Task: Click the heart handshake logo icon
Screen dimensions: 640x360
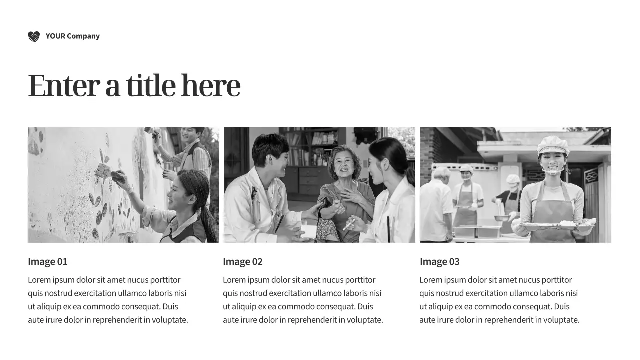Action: click(x=34, y=36)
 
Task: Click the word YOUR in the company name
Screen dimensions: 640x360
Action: click(x=55, y=36)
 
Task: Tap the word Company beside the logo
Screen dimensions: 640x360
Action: click(x=83, y=36)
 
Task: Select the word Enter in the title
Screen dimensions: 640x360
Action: click(x=64, y=85)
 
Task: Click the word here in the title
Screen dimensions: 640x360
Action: click(x=211, y=85)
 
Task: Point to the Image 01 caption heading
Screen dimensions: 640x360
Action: click(x=47, y=261)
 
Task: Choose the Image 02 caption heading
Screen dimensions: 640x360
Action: click(x=243, y=261)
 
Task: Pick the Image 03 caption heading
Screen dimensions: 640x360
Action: click(x=439, y=261)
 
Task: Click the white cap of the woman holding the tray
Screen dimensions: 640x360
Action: click(x=553, y=145)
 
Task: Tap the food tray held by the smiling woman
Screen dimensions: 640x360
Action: click(x=557, y=225)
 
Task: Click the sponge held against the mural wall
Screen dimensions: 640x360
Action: click(x=103, y=170)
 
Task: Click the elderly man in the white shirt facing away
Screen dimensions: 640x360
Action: click(x=436, y=205)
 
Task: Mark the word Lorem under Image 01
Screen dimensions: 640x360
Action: click(x=39, y=280)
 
